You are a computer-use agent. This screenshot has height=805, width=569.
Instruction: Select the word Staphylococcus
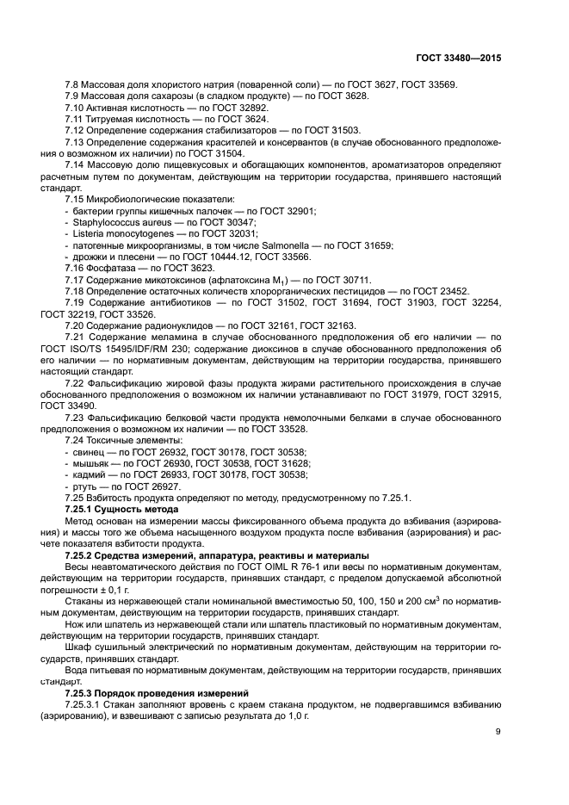point(104,221)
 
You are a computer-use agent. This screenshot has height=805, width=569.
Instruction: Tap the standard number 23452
point(447,291)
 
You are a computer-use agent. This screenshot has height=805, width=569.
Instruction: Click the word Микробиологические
point(137,198)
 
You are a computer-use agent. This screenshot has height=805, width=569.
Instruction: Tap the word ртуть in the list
point(86,486)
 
